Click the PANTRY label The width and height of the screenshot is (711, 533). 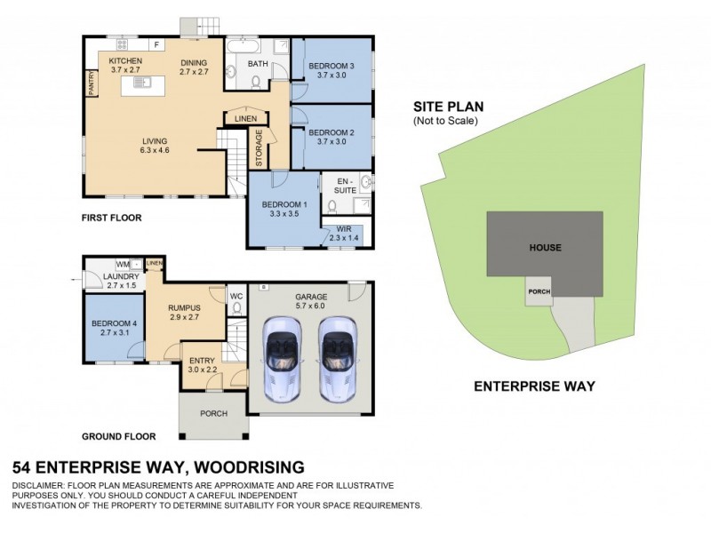pos(91,83)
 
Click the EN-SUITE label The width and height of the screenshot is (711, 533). pos(343,184)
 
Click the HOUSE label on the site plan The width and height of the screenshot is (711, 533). pos(545,248)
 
